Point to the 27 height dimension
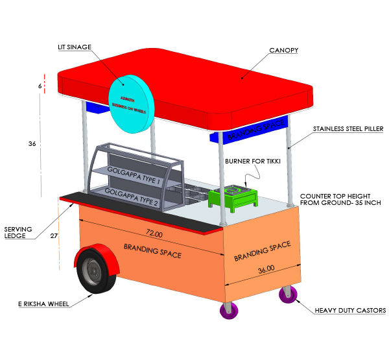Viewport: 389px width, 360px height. tap(54, 236)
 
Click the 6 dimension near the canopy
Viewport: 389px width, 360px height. tap(40, 86)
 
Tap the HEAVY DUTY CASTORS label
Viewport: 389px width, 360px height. tap(351, 311)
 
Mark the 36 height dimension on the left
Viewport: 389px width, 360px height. tap(32, 144)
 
